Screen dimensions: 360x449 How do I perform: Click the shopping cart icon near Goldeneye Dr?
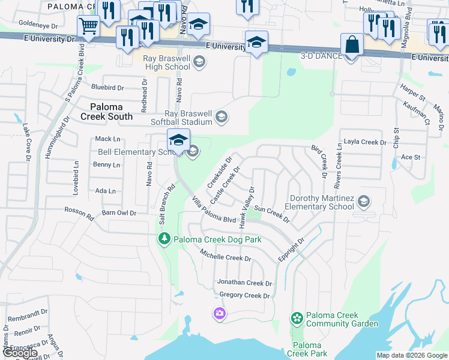click(88, 26)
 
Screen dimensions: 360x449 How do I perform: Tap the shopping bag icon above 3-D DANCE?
click(352, 44)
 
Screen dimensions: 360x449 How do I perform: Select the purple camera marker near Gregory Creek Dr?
click(220, 313)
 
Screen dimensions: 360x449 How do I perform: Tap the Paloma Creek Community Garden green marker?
click(296, 317)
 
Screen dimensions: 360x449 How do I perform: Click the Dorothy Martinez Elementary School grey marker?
click(363, 202)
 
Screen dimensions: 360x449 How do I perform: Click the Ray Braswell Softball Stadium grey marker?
click(221, 117)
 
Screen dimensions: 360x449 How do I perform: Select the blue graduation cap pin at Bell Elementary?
click(178, 140)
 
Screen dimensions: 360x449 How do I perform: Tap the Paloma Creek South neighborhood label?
click(107, 112)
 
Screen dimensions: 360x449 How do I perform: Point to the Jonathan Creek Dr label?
click(244, 283)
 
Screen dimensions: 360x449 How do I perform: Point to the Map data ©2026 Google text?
click(411, 355)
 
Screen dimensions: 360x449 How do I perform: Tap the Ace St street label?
click(411, 157)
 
